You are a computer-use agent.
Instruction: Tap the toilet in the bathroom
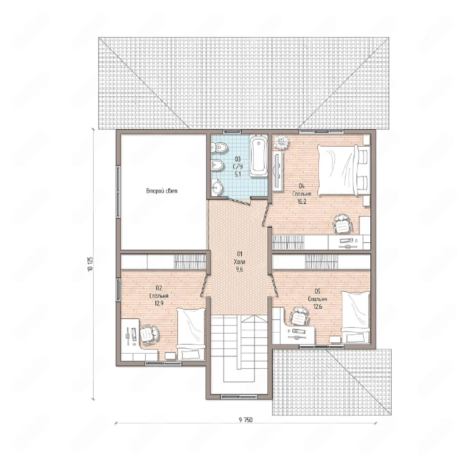[x=218, y=146]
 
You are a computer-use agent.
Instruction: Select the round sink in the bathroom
[x=217, y=188]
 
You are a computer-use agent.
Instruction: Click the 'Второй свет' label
[x=162, y=191]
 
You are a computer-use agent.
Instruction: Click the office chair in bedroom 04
[x=342, y=224]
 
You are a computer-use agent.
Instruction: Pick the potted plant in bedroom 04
[x=282, y=142]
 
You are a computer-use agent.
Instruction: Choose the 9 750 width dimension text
[x=246, y=420]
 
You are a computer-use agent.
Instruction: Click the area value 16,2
[x=302, y=201]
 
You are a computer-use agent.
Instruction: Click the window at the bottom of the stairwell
[x=239, y=397]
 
